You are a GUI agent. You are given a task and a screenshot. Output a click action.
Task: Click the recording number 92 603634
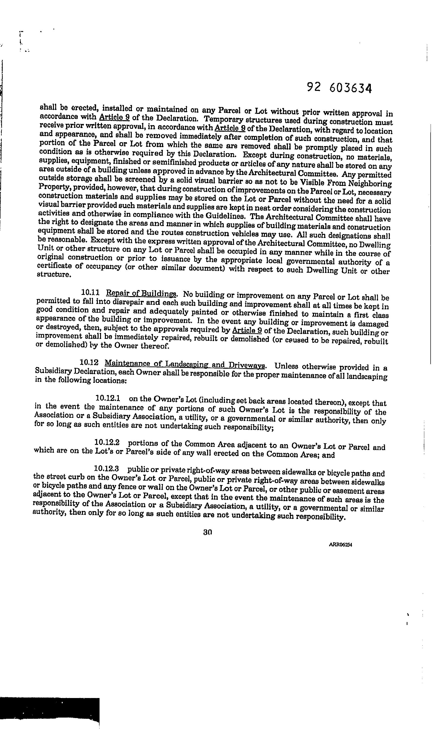(339, 88)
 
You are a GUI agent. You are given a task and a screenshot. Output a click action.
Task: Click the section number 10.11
(90, 292)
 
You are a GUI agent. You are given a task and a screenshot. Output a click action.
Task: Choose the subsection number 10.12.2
(107, 442)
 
